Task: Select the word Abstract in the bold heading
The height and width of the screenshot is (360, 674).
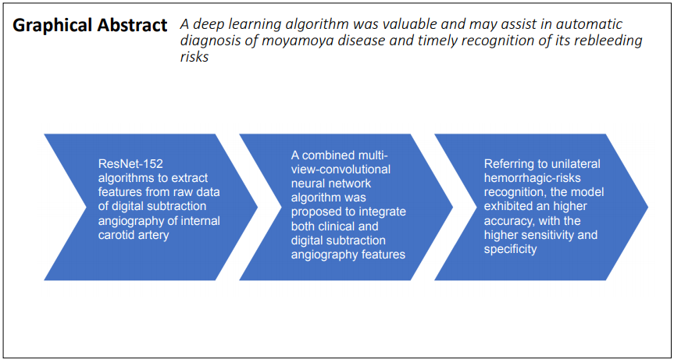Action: click(x=134, y=25)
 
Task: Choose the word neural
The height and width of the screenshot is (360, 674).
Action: click(x=306, y=184)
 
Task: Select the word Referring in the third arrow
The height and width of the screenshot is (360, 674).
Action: click(x=505, y=165)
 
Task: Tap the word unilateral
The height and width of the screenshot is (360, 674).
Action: click(x=571, y=165)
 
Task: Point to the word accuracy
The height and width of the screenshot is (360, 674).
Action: click(x=503, y=221)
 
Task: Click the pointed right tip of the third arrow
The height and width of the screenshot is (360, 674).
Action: click(x=647, y=207)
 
